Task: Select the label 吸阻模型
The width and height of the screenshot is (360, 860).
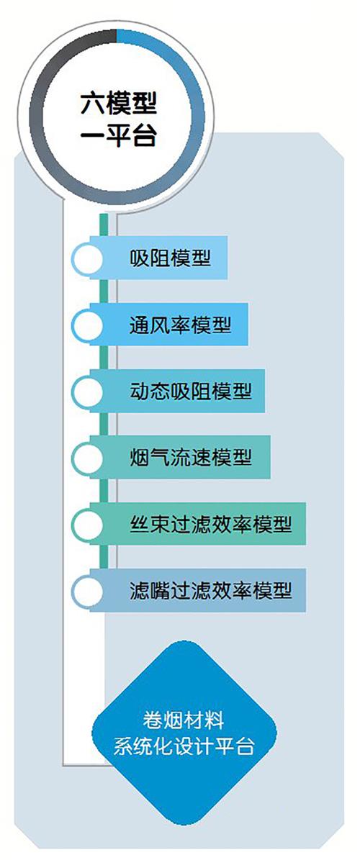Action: coord(171,257)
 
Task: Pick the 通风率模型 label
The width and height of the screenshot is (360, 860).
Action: coord(181,324)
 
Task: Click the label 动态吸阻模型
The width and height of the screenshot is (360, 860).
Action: coord(191,391)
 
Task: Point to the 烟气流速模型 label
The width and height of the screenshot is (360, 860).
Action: coord(191,457)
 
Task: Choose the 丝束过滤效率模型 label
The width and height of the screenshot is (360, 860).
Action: coord(211,524)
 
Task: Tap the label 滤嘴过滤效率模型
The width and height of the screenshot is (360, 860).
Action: coord(211,590)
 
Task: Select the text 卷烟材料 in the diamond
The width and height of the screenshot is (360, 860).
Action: coord(184,720)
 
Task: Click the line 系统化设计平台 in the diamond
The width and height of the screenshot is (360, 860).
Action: coord(184,746)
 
